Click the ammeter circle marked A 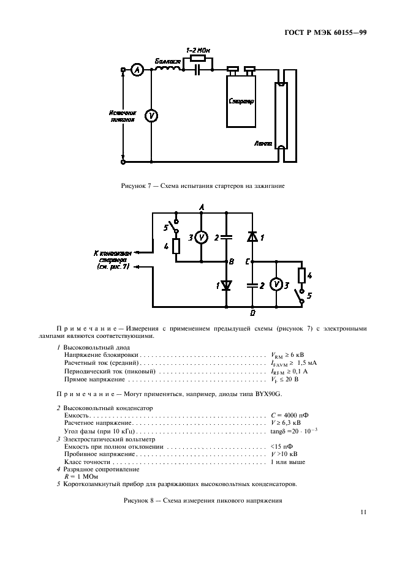coord(137,71)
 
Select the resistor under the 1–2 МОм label coord(197,59)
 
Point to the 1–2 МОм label coord(197,49)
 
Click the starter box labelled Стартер coord(241,101)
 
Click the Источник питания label coord(123,116)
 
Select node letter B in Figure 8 coord(232,261)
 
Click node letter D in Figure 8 coord(252,312)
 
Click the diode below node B coord(226,285)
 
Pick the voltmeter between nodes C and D coord(276,285)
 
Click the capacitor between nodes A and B coord(226,237)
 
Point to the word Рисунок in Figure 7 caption coord(134,185)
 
